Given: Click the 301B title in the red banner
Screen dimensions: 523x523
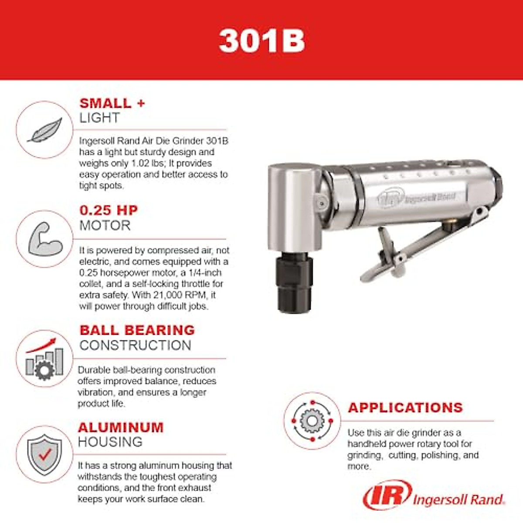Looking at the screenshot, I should point(261,41).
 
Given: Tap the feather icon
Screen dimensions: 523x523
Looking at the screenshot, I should point(44,130).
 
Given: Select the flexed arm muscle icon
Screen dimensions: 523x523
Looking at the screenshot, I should point(44,239).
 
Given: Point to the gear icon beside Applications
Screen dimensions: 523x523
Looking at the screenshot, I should point(312,421).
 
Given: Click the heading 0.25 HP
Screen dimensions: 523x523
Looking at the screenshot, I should point(109,210).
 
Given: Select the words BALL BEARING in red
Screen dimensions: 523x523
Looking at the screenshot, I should point(137,330).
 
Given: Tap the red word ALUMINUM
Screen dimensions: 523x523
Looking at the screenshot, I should point(121,427).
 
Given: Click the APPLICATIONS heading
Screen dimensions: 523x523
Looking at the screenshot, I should point(405,408).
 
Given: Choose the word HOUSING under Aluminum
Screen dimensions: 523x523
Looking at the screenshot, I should point(110,442).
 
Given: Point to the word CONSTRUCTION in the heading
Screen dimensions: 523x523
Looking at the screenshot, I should point(135,345).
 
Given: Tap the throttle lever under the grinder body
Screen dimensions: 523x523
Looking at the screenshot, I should point(418,248).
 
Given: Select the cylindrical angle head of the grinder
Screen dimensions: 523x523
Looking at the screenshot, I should point(295,205).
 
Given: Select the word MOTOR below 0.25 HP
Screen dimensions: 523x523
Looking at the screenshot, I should point(105,225).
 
